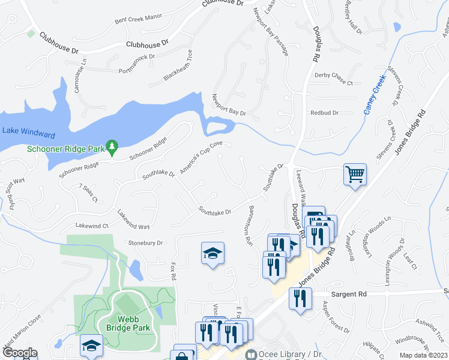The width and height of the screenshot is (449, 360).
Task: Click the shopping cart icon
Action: pyautogui.click(x=355, y=175)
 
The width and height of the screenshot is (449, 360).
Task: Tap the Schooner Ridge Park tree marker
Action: pyautogui.click(x=111, y=146)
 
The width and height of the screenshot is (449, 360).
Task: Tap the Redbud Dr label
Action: pyautogui.click(x=325, y=113)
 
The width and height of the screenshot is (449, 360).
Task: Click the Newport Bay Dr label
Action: pyautogui.click(x=229, y=105)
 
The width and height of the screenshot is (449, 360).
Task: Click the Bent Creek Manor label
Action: pyautogui.click(x=139, y=19)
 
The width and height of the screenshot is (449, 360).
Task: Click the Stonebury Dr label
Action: pyautogui.click(x=146, y=243)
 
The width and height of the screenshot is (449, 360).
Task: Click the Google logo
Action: pyautogui.click(x=19, y=353)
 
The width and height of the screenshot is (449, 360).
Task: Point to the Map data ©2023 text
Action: pyautogui.click(x=423, y=355)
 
